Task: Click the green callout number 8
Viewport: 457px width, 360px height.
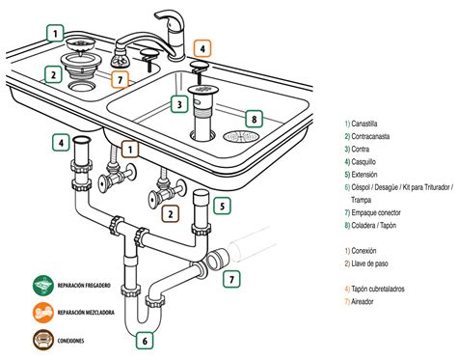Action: [254, 119]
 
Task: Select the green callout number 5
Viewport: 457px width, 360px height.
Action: [222, 206]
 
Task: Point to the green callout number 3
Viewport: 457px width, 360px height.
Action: [178, 104]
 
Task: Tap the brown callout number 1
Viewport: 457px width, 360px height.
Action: [130, 150]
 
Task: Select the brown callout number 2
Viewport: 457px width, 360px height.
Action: [170, 212]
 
